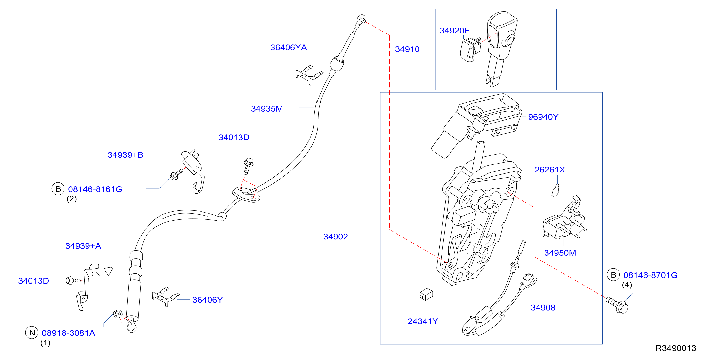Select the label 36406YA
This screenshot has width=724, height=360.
(288, 48)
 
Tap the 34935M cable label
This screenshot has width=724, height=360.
(267, 109)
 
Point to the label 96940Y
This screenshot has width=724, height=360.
(543, 117)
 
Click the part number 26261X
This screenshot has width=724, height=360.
(549, 170)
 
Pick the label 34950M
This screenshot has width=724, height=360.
(560, 253)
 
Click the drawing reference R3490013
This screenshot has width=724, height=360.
(676, 348)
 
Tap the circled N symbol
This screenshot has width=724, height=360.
(32, 333)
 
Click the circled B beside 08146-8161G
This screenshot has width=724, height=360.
(58, 189)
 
